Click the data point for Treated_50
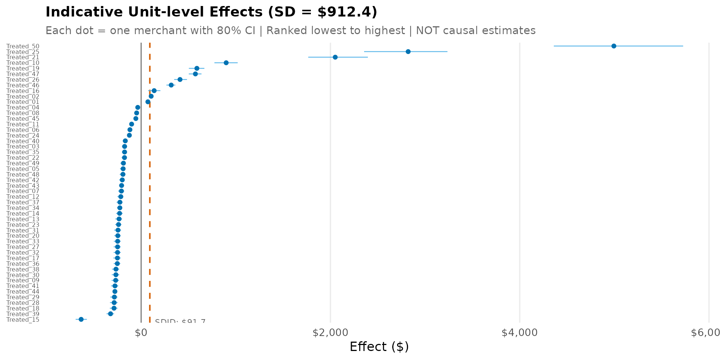[x=613, y=46]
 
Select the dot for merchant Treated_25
[x=408, y=52]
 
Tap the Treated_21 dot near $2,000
[x=335, y=57]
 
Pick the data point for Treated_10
[x=226, y=63]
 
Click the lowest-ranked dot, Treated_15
[x=81, y=319]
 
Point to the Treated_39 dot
[x=110, y=314]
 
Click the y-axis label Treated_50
[x=23, y=46]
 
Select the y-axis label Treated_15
[x=23, y=320]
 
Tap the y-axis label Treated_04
[x=23, y=108]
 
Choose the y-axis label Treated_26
[x=23, y=80]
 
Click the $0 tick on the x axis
[x=141, y=333]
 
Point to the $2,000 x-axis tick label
[x=330, y=333]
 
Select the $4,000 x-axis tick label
[x=519, y=333]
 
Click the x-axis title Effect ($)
[x=379, y=346]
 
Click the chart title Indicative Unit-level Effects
[x=211, y=12]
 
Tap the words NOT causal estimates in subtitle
[x=475, y=30]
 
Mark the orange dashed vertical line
[x=150, y=187]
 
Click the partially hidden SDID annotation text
[x=180, y=321]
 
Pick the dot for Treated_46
[x=171, y=85]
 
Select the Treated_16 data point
[x=154, y=91]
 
